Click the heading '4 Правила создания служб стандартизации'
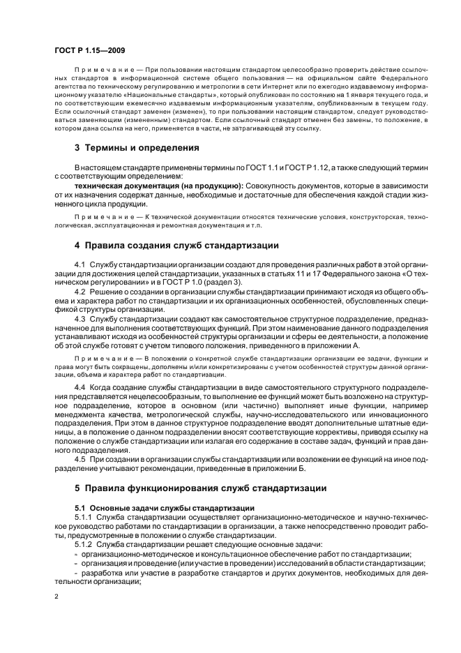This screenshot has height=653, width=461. [x=176, y=246]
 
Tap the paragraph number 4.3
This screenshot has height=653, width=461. [x=80, y=317]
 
